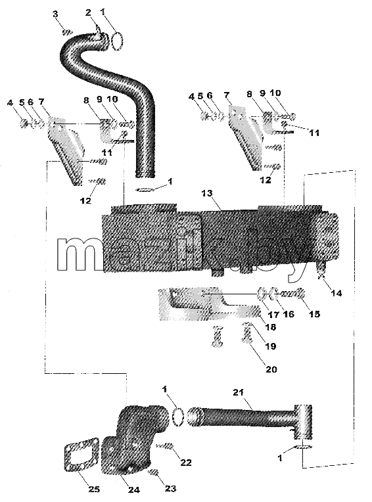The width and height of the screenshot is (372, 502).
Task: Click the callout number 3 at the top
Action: (x=55, y=14)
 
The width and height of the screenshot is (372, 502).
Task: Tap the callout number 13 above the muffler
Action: (x=207, y=193)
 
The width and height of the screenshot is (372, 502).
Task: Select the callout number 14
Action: (x=337, y=292)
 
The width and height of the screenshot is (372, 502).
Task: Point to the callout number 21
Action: (x=238, y=392)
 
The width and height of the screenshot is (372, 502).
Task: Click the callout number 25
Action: (x=94, y=490)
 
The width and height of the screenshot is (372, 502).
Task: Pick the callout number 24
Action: (x=134, y=490)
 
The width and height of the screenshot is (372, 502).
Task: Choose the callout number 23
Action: (x=170, y=489)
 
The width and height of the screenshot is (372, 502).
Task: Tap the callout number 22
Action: (x=186, y=463)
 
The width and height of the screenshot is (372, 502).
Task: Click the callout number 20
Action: (x=271, y=369)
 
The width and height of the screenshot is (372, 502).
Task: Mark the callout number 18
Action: (x=271, y=327)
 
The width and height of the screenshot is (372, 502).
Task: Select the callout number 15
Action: (x=314, y=314)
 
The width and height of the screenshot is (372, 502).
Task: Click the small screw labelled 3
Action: (x=67, y=32)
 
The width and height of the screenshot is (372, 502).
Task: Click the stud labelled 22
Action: (x=165, y=446)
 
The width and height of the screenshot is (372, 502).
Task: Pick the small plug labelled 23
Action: (x=154, y=472)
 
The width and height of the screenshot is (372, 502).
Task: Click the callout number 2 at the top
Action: (x=88, y=12)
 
